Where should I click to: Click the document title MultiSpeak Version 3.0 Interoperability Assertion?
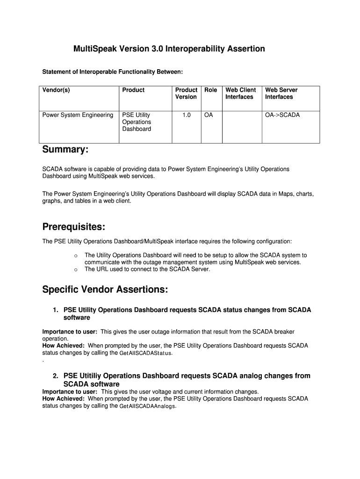click(x=169, y=49)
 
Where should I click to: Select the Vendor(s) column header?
click(x=56, y=90)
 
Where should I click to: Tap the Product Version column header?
click(x=186, y=93)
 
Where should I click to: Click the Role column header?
click(x=211, y=90)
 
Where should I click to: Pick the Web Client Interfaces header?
click(x=240, y=93)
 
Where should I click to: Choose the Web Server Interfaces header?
click(x=281, y=93)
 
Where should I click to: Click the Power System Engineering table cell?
click(x=78, y=115)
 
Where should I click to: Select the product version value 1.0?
click(x=186, y=115)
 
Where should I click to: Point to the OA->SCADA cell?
click(x=282, y=115)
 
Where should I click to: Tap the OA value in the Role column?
click(x=209, y=115)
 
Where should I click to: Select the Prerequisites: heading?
click(x=73, y=227)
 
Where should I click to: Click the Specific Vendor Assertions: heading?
click(x=105, y=290)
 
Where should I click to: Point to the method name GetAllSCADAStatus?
click(x=146, y=353)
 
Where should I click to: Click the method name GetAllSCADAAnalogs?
click(x=148, y=406)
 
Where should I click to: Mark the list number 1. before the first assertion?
click(x=56, y=310)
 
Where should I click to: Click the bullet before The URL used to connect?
click(x=75, y=269)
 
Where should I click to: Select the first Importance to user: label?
click(x=70, y=332)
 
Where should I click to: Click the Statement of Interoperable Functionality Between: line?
click(x=113, y=72)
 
